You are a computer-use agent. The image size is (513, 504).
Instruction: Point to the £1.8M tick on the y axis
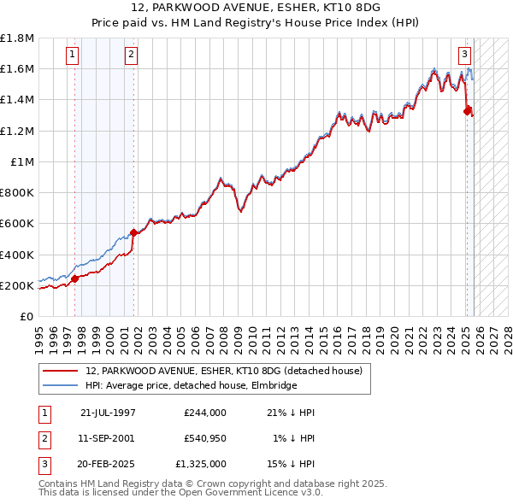[x=17, y=38]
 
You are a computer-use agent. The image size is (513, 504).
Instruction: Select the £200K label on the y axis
[x=17, y=285]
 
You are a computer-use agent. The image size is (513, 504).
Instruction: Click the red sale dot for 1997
[x=75, y=278]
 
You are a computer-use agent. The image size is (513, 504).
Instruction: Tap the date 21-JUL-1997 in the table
[x=108, y=413]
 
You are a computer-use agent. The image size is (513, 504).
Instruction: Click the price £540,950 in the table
[x=204, y=439]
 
